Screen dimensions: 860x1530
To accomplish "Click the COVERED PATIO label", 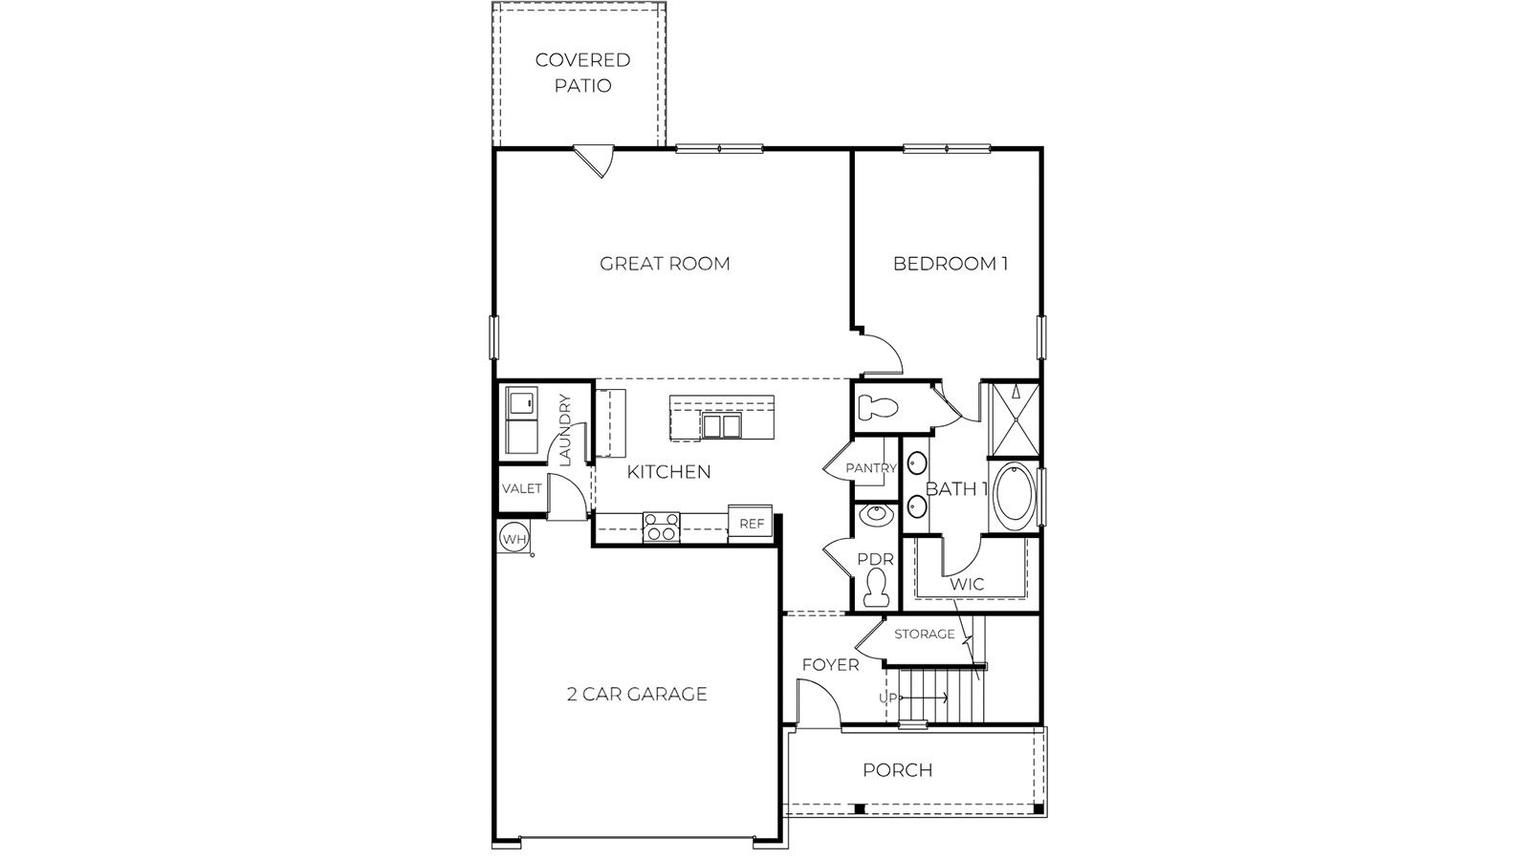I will (x=582, y=73).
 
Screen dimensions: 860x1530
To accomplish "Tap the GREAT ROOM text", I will (x=665, y=264).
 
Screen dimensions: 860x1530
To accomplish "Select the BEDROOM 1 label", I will (x=950, y=264).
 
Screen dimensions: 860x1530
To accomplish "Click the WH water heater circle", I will (x=514, y=539).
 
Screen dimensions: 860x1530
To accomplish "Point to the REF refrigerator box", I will (x=752, y=524).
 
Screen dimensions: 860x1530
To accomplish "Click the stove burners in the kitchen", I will (x=661, y=527).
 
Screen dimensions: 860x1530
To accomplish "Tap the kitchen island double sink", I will (x=720, y=425).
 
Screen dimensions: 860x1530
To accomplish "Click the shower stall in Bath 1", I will (x=1013, y=421).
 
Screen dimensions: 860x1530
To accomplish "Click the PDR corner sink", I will (x=874, y=517).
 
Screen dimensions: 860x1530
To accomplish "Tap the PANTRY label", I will (x=870, y=468).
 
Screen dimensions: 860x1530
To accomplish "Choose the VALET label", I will (x=521, y=488).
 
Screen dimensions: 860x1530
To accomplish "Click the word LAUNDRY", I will (x=564, y=430).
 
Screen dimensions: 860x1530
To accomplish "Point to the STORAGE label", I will (x=924, y=634).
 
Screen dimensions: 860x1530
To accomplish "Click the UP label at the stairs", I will (x=888, y=699).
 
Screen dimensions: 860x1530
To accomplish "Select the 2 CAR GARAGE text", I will (x=636, y=694).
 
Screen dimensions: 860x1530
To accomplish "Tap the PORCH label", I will (x=897, y=770).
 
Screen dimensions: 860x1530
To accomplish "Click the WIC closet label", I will (x=967, y=585).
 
